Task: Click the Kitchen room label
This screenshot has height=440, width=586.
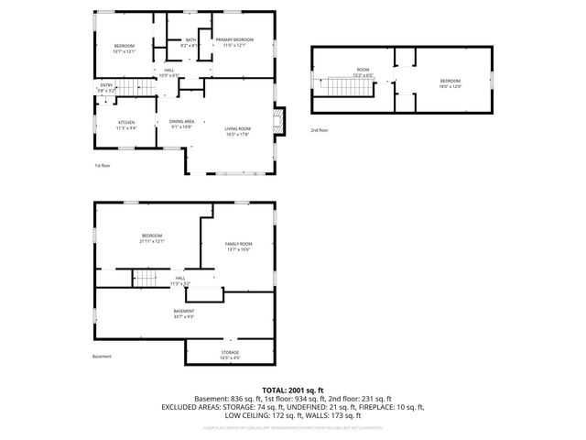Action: coord(126,122)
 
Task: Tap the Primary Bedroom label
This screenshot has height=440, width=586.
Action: coord(234,40)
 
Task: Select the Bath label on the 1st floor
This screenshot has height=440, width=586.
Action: coord(190,40)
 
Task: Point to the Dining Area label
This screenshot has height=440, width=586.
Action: coord(181,122)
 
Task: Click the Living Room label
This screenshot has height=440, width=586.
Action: coord(238,129)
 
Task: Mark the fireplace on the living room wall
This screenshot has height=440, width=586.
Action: coord(283,121)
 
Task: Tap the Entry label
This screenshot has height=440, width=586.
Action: coord(106,85)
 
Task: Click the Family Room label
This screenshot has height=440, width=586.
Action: coord(238,244)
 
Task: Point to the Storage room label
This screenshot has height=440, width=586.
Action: coord(230,352)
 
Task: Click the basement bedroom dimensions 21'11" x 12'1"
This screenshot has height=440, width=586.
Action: coord(151,241)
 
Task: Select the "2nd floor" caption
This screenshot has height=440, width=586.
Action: coord(319,131)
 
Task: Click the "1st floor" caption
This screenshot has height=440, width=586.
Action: coord(102,165)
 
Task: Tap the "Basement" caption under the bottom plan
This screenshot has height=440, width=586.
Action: coord(103,357)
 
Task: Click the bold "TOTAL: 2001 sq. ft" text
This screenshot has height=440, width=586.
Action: coord(293,390)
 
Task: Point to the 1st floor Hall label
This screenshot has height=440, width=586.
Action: coord(169,71)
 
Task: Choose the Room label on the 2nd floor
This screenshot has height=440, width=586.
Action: coord(363,70)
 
